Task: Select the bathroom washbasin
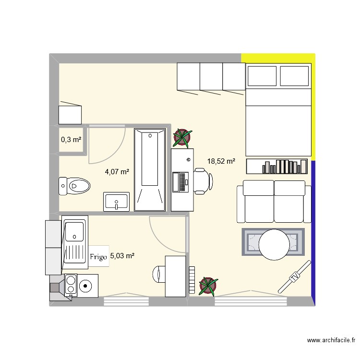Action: [x=116, y=202]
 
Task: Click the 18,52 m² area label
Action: [x=221, y=162]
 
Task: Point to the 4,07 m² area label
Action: [x=117, y=171]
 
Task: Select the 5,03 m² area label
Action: [x=122, y=256]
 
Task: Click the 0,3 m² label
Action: [x=71, y=140]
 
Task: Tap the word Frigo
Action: [x=98, y=257]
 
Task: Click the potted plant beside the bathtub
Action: [x=182, y=138]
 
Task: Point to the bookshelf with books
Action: [x=277, y=167]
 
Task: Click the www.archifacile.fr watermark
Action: [x=331, y=340]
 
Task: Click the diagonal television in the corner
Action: [x=294, y=277]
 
